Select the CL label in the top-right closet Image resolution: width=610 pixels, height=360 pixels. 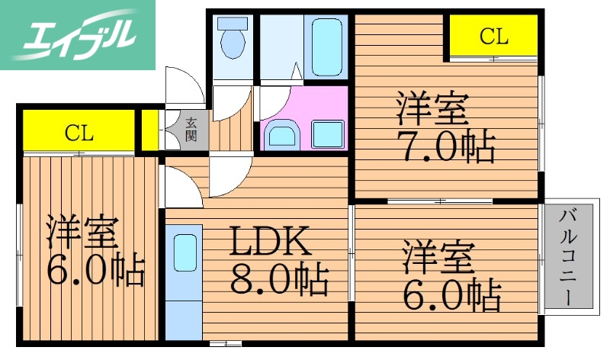[x=493, y=35]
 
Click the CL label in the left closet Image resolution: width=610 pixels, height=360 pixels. [x=79, y=133]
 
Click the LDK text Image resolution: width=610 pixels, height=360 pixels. [x=270, y=243]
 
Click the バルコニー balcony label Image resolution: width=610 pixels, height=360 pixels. [x=567, y=256]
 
